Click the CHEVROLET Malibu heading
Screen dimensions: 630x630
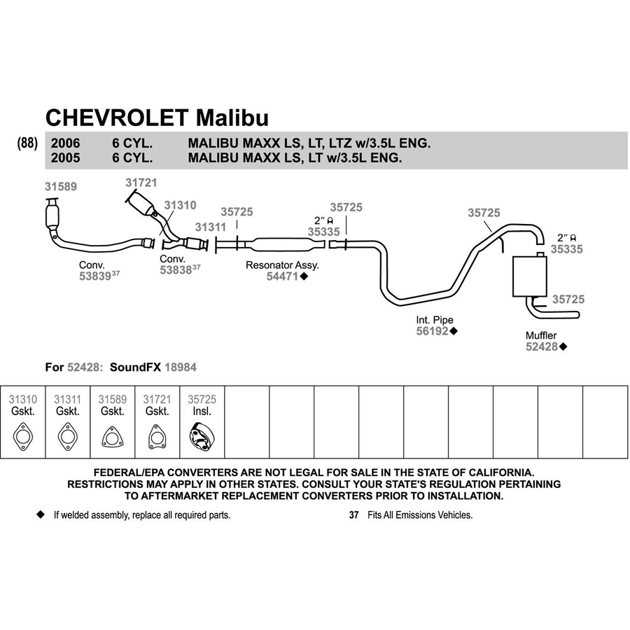click(157, 118)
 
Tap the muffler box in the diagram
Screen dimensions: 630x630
click(530, 276)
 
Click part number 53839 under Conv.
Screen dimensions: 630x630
click(94, 276)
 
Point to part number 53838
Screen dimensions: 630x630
click(176, 270)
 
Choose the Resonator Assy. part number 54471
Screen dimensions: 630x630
click(283, 276)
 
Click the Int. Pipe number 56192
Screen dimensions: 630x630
click(433, 331)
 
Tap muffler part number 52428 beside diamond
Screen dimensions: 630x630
click(542, 346)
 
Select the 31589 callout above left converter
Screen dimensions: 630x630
click(61, 186)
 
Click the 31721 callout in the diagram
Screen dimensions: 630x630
click(141, 183)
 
